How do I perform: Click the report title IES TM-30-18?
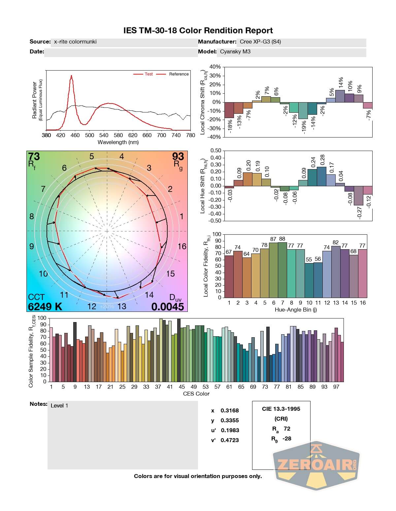point(198,31)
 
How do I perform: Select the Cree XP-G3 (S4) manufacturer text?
point(260,42)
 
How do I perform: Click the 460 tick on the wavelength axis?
point(75,135)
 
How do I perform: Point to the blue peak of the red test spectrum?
point(71,76)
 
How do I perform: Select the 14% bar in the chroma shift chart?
point(340,96)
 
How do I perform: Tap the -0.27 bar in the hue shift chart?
point(358,195)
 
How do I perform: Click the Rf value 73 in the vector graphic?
point(34,156)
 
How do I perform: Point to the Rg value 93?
point(179,156)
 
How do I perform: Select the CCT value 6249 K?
point(45,307)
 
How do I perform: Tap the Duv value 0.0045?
point(168,307)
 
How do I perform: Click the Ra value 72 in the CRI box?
point(287,429)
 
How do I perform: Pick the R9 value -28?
point(287,438)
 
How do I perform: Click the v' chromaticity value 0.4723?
point(230,440)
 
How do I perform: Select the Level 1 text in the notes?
point(59,406)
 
